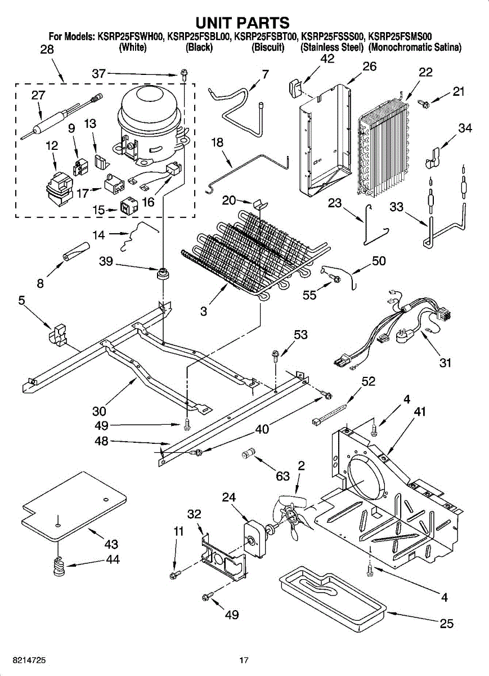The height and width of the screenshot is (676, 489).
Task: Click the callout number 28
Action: pyautogui.click(x=47, y=49)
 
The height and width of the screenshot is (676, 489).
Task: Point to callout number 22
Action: pyautogui.click(x=425, y=72)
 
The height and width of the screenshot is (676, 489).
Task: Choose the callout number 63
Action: pyautogui.click(x=282, y=476)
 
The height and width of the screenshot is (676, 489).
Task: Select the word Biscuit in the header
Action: pyautogui.click(x=268, y=47)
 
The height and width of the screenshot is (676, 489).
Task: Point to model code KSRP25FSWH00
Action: pyautogui.click(x=131, y=37)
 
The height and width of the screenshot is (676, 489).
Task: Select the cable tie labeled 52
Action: pyautogui.click(x=329, y=413)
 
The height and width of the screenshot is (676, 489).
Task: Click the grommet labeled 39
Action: pyautogui.click(x=163, y=274)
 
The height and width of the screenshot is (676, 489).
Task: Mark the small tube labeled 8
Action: pyautogui.click(x=77, y=251)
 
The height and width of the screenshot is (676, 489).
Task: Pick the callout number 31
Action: pyautogui.click(x=445, y=362)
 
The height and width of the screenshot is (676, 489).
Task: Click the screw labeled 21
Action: pyautogui.click(x=424, y=103)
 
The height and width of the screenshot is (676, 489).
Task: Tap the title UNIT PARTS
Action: pyautogui.click(x=243, y=23)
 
